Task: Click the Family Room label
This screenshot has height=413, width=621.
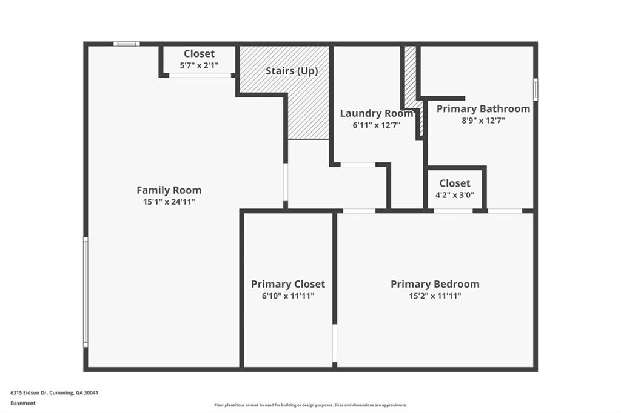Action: [169, 190]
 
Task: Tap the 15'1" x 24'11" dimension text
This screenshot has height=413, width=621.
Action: [169, 202]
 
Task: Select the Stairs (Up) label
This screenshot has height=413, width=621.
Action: [291, 71]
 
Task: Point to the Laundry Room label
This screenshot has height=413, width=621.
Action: [376, 113]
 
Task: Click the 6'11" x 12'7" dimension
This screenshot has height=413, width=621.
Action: [376, 125]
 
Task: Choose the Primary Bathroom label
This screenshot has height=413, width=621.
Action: [483, 109]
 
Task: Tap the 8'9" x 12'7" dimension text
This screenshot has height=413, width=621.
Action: [483, 121]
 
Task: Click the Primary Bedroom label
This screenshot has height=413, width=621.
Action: [434, 284]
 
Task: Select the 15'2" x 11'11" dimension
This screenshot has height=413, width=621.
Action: [434, 296]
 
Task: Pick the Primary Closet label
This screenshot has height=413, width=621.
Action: [287, 284]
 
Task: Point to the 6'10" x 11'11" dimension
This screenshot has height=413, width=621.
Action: [287, 296]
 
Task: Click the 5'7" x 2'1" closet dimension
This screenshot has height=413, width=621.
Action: [199, 65]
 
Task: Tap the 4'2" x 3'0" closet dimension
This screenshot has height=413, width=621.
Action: [454, 195]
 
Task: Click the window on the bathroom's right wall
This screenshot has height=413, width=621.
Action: [535, 89]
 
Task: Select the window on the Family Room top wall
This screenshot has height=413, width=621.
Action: [126, 44]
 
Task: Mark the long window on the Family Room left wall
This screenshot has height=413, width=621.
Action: [86, 292]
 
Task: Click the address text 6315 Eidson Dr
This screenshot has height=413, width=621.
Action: [54, 392]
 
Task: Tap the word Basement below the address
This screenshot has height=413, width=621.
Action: [22, 403]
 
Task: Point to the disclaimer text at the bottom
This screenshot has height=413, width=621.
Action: [310, 405]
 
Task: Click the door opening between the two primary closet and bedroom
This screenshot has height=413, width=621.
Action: [334, 343]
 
